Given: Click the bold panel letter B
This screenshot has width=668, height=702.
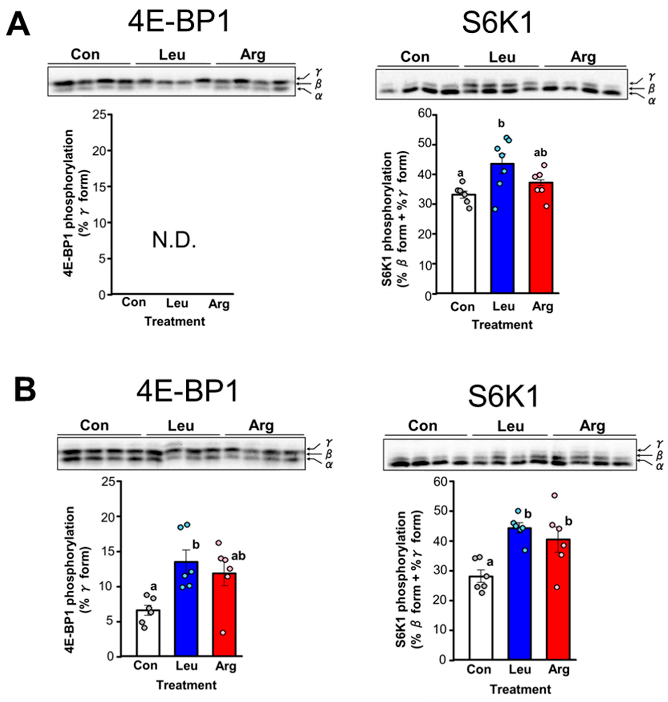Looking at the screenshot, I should (25, 389).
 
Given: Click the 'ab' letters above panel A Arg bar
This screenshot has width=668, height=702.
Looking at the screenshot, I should (540, 153).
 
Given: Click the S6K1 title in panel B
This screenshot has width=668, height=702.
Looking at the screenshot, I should (503, 397).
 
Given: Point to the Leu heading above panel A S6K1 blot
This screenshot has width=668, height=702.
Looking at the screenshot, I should (502, 57).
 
